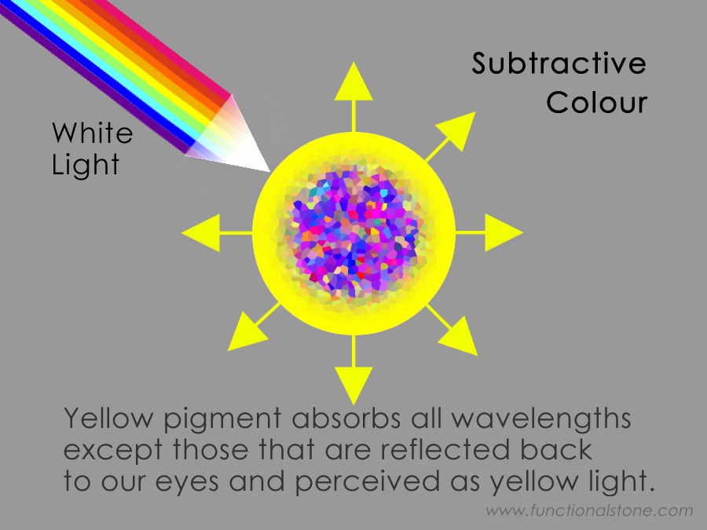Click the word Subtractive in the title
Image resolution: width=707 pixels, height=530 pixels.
point(559,63)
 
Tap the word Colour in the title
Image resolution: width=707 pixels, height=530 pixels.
point(597,102)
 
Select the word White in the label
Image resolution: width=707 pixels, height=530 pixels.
point(93,133)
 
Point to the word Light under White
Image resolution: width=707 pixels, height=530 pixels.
point(86,165)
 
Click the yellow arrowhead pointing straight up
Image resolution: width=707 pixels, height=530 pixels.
point(353,82)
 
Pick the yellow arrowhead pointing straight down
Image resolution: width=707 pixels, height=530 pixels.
point(353,386)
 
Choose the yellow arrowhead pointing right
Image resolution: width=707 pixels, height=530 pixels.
point(504,232)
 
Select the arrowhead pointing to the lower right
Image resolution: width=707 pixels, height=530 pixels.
point(459,336)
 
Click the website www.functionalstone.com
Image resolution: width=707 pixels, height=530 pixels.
point(589,510)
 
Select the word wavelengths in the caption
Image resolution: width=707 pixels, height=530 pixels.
point(541,419)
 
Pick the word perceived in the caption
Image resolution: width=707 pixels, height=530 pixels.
point(367,482)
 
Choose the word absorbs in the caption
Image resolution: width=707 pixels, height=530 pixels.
point(346,418)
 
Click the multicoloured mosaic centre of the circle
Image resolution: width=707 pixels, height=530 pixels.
point(353,233)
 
